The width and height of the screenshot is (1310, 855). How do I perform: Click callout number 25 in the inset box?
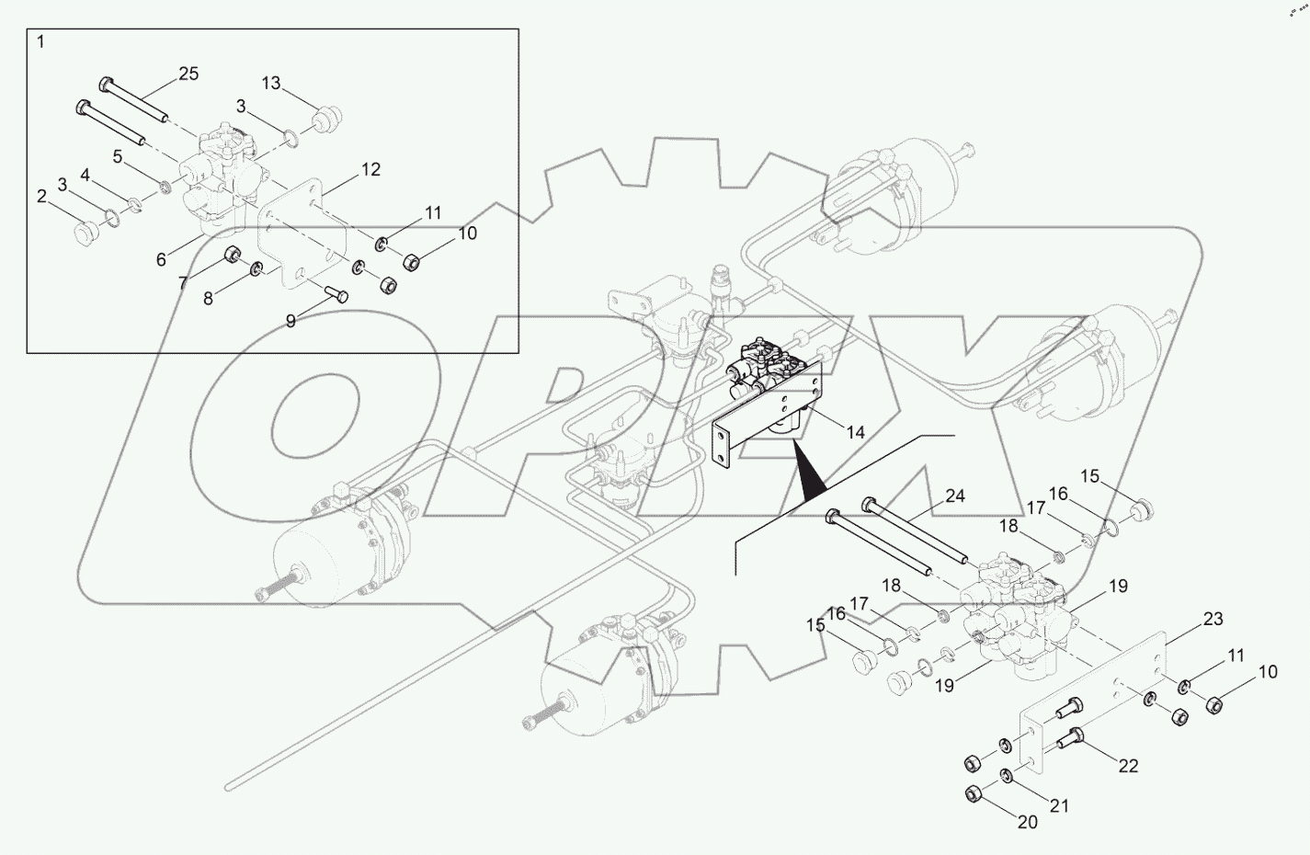coord(188,74)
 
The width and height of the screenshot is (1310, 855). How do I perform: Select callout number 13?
coord(270,83)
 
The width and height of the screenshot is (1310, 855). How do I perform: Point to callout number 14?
coord(856,432)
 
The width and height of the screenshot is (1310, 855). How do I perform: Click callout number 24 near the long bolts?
coord(954,496)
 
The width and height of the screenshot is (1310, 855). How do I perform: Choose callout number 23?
coord(1213,619)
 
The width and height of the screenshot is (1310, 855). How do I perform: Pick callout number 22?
coord(1128,766)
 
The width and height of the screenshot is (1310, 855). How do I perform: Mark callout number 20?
coord(1027,822)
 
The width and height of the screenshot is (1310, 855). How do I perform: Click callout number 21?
coord(1060,805)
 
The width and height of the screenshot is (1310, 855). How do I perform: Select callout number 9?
coord(290,321)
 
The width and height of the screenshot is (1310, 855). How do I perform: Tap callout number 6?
coord(161,260)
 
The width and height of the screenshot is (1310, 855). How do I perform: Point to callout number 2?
coord(41,196)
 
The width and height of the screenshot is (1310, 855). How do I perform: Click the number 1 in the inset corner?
coord(40,42)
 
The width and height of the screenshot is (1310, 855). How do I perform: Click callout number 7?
coord(182,284)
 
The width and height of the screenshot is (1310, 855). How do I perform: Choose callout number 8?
coord(208,299)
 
